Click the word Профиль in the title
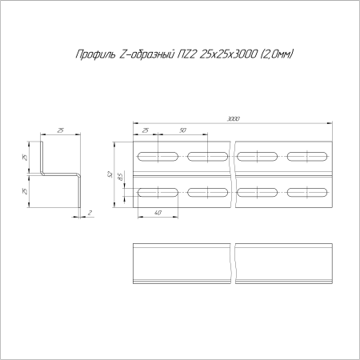click(96, 54)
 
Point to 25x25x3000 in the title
click(229, 54)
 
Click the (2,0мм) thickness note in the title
click(277, 54)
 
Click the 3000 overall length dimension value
click(233, 118)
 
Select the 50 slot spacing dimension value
click(182, 130)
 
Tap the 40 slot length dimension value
click(158, 213)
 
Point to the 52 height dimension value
click(110, 174)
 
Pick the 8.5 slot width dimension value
click(121, 177)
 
